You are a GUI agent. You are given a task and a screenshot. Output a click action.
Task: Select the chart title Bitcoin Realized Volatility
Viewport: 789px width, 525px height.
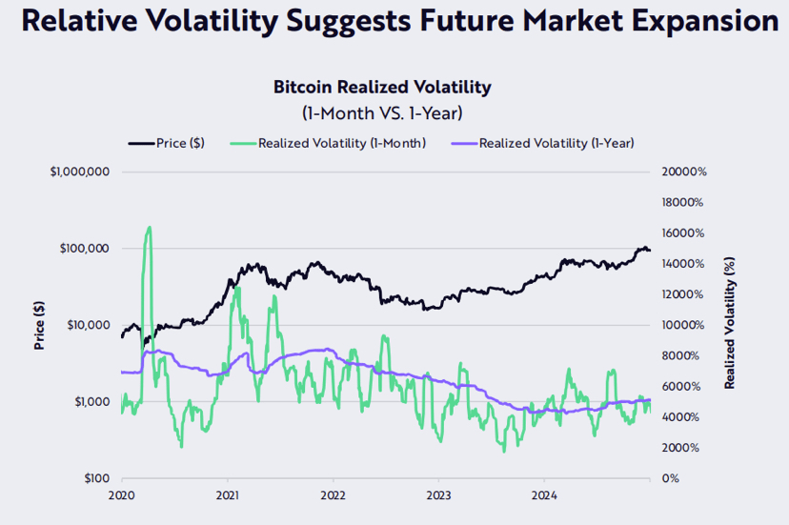[382, 88]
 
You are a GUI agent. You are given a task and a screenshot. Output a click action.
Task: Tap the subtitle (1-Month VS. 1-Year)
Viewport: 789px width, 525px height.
[382, 113]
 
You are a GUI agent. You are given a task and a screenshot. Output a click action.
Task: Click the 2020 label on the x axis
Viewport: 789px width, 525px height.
[122, 495]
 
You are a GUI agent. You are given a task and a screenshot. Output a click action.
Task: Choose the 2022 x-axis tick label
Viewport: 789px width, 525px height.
[333, 495]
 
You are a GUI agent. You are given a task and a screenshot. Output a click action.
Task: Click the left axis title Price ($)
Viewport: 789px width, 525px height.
[40, 324]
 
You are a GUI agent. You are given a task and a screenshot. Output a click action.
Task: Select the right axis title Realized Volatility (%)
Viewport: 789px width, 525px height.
[729, 324]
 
